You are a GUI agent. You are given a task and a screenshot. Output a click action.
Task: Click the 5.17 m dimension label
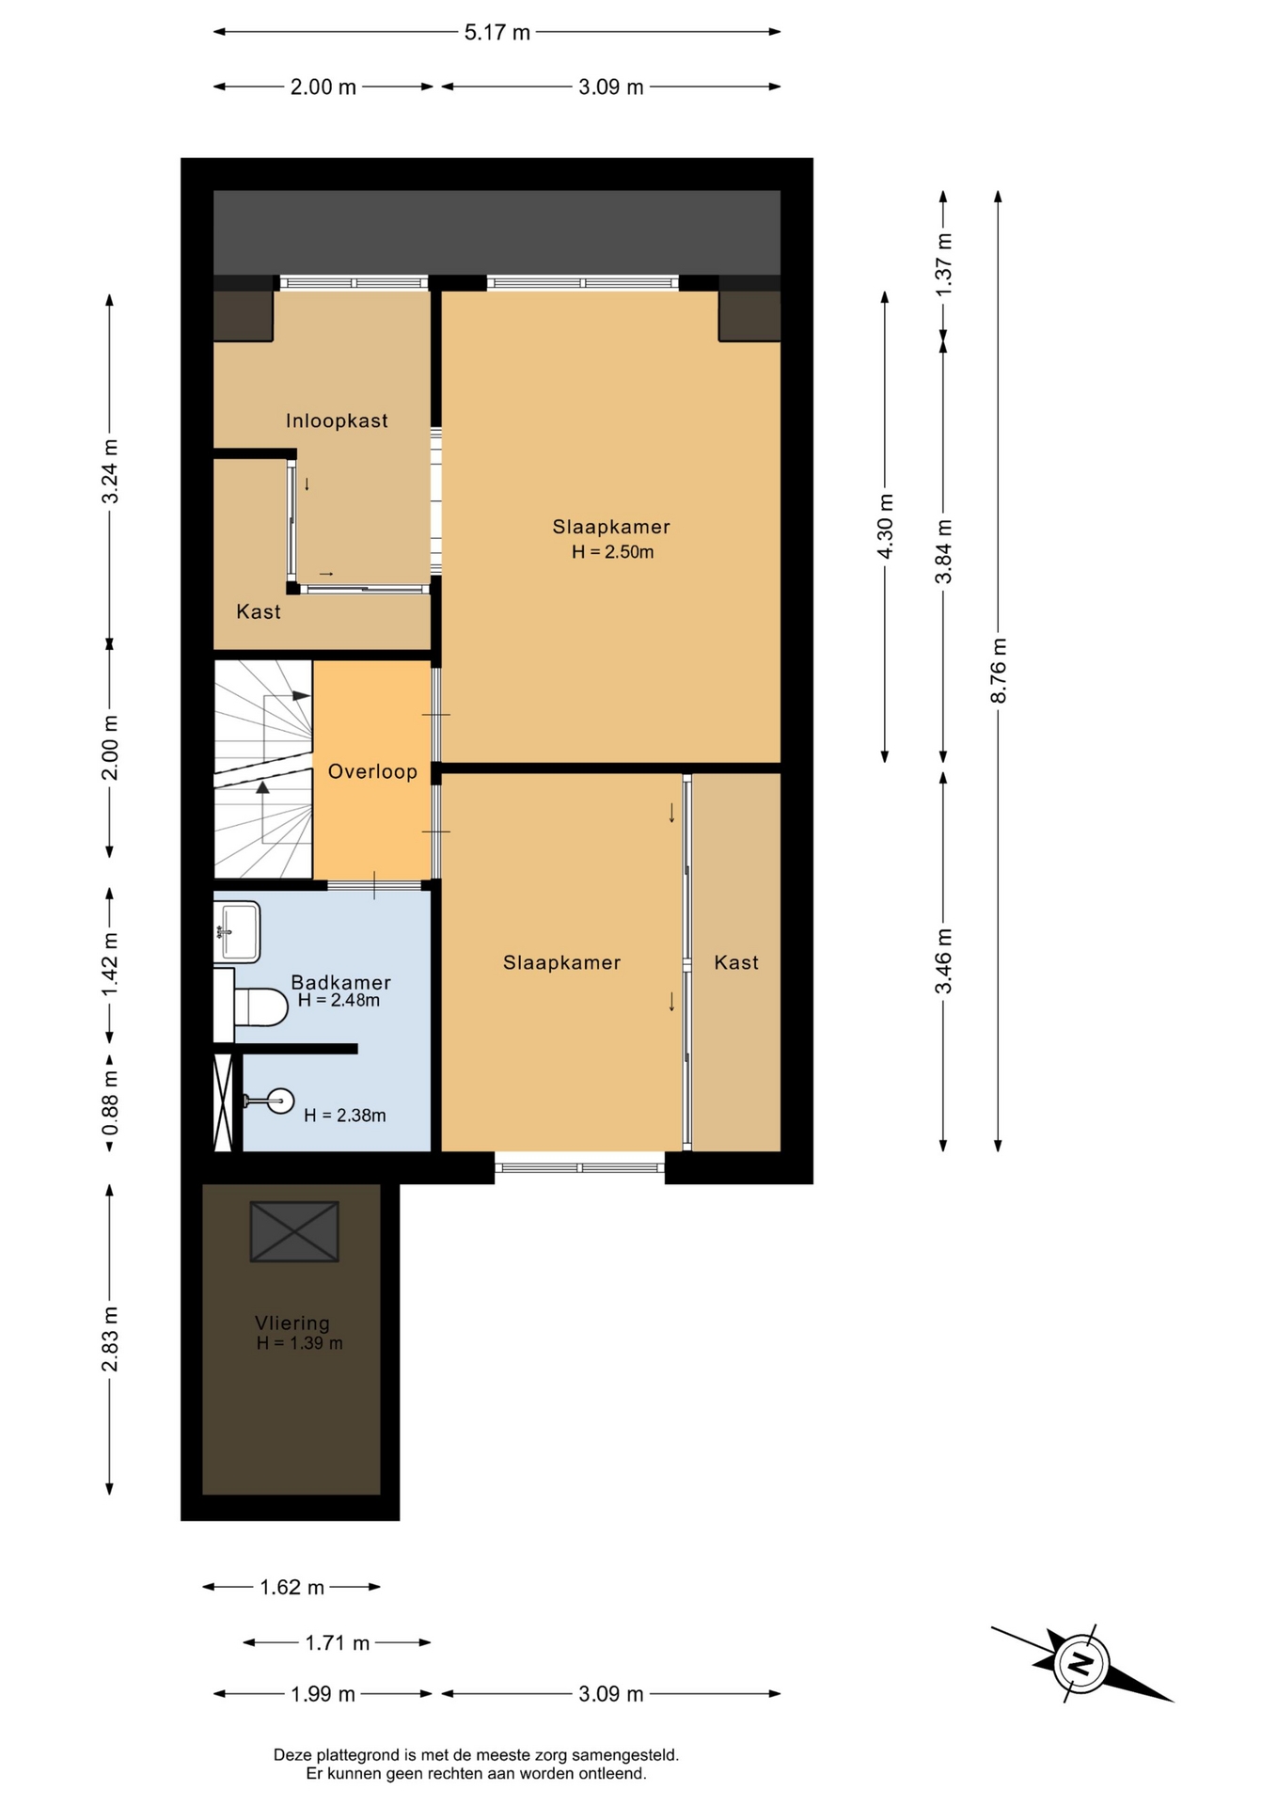497,33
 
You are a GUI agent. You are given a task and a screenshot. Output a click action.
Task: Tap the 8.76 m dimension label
999,670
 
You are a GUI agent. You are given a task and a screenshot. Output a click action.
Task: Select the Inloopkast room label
337,421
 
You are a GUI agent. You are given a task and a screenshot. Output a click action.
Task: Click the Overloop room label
372,772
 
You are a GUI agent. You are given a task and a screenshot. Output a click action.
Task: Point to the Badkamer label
340,982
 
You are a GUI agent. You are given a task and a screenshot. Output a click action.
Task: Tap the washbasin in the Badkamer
237,932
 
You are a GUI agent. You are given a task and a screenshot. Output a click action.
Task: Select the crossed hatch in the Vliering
294,1231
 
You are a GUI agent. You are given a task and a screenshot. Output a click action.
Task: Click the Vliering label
292,1323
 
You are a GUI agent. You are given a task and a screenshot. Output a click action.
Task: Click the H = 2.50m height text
612,552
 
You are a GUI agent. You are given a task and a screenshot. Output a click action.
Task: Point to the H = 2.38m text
345,1116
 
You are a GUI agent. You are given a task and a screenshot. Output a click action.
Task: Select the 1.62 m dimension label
292,1588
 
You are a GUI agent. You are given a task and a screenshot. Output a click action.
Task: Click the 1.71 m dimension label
338,1643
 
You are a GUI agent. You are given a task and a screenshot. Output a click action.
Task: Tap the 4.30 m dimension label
885,526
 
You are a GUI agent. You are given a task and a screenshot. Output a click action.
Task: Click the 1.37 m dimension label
944,264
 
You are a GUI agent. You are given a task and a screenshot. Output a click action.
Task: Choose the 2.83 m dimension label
110,1339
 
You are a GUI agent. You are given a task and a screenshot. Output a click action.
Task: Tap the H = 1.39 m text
299,1344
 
